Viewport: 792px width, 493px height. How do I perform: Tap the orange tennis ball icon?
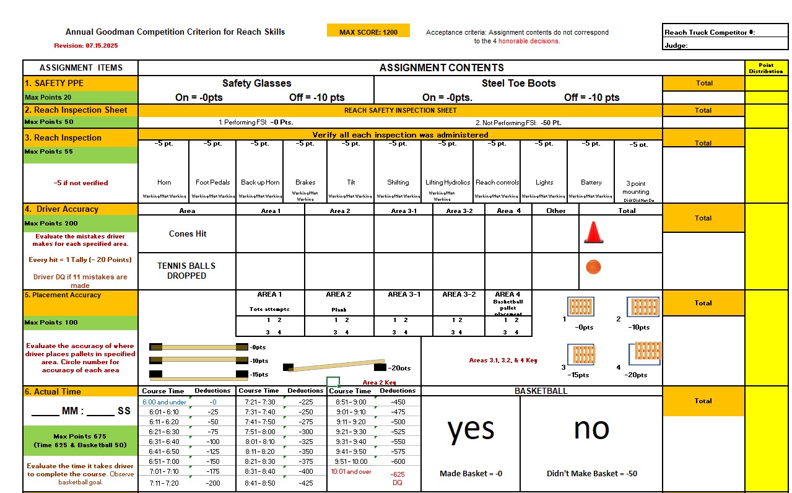pyautogui.click(x=593, y=267)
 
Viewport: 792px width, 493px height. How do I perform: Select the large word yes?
pyautogui.click(x=471, y=429)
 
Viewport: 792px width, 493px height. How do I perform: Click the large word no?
pyautogui.click(x=591, y=429)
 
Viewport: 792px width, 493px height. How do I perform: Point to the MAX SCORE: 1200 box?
pyautogui.click(x=368, y=32)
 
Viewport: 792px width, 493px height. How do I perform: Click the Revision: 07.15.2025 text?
pyautogui.click(x=85, y=46)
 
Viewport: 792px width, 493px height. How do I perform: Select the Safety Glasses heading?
pyautogui.click(x=256, y=83)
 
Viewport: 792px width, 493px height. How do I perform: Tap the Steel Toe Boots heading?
pyautogui.click(x=518, y=83)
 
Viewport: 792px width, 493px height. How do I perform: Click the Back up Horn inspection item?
pyautogui.click(x=260, y=182)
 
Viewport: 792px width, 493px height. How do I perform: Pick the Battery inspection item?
pyautogui.click(x=591, y=182)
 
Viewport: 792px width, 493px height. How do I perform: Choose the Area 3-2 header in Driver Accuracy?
pyautogui.click(x=459, y=211)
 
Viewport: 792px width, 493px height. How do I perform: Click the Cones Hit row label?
pyautogui.click(x=188, y=233)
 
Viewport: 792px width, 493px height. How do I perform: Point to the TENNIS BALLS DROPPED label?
pyautogui.click(x=186, y=271)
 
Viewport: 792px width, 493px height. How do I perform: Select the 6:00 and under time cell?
pyautogui.click(x=164, y=402)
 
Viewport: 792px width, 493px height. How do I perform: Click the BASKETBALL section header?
pyautogui.click(x=541, y=391)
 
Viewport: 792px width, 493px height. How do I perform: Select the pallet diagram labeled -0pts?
pyautogui.click(x=580, y=307)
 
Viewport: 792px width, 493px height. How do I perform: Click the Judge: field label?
pyautogui.click(x=676, y=45)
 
